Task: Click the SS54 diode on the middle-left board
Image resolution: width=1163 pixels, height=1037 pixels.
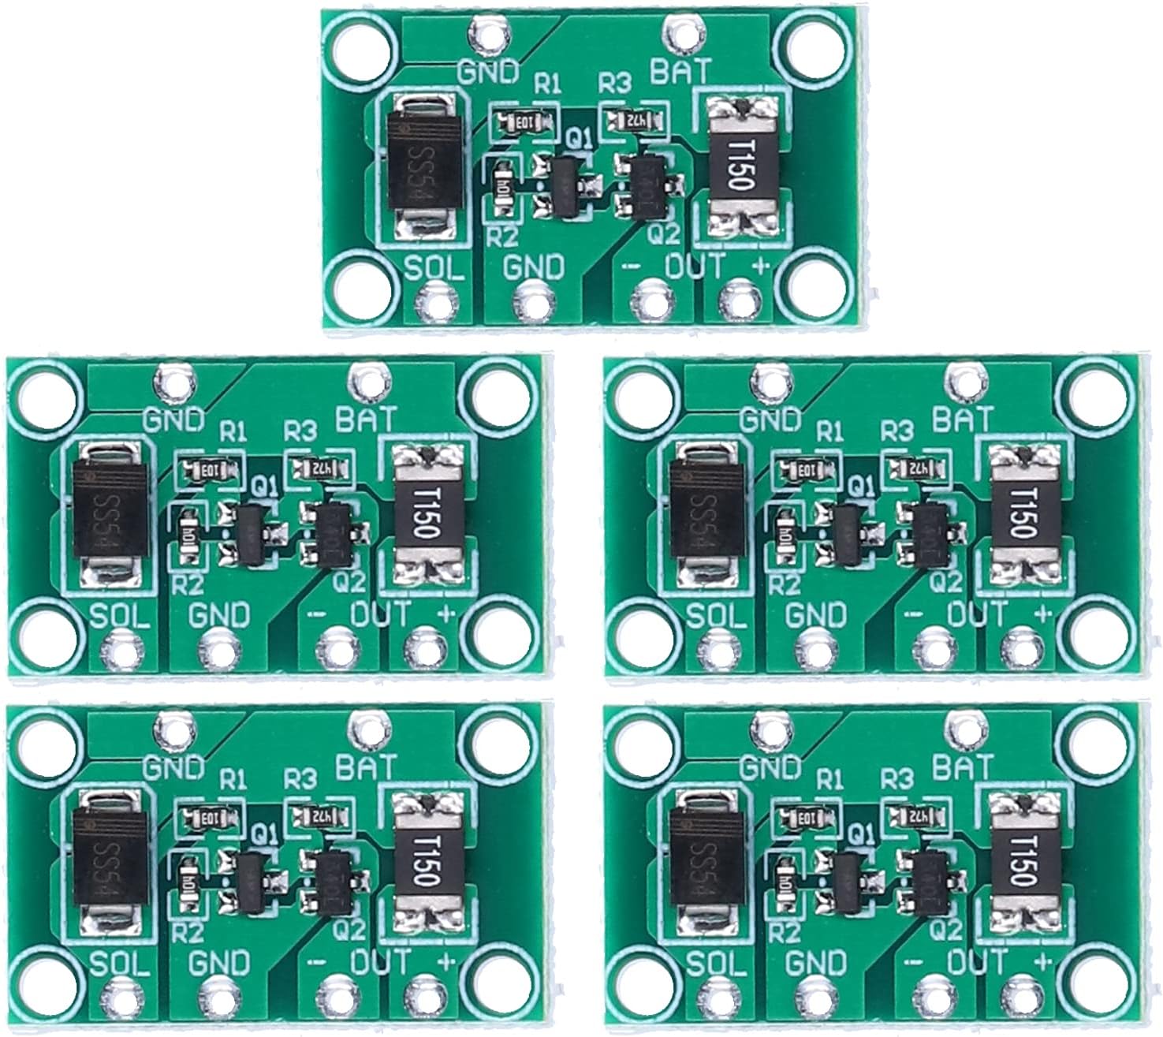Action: (109, 513)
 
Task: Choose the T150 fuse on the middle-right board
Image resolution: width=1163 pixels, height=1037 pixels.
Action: (1023, 513)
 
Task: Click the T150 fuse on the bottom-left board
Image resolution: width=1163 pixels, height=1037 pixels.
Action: (427, 863)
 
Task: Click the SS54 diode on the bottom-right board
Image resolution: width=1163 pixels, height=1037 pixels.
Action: (706, 862)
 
